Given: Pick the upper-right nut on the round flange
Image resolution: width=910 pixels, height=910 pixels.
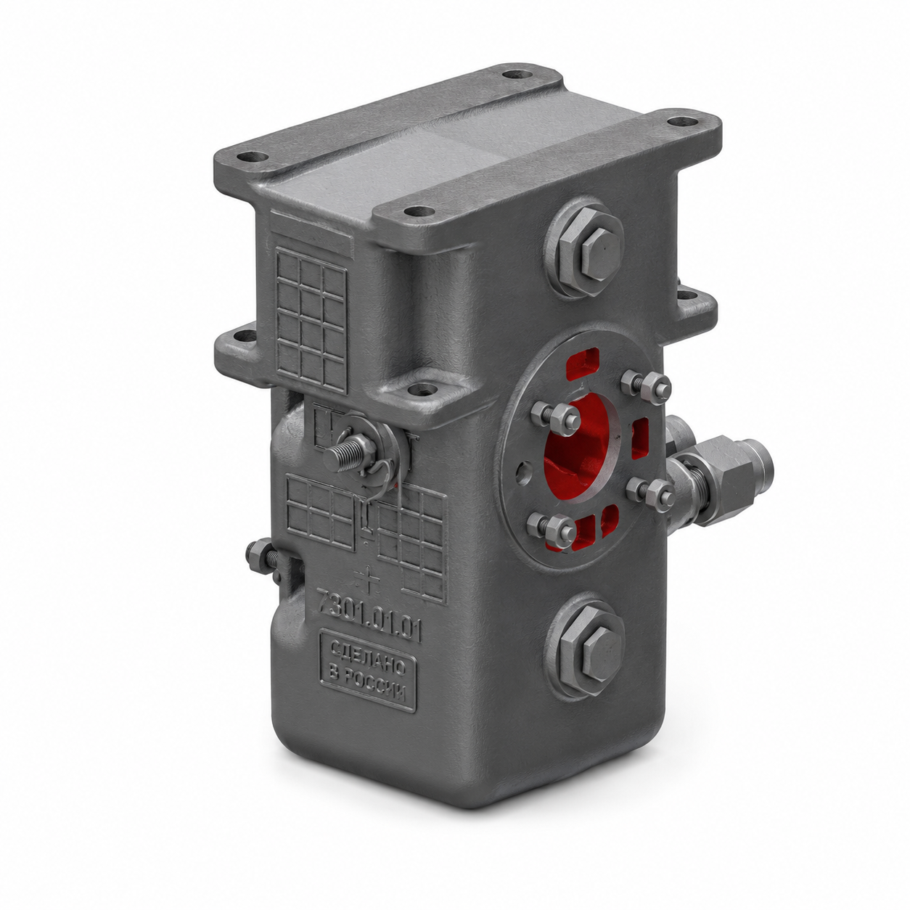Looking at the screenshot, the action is [654, 389].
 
